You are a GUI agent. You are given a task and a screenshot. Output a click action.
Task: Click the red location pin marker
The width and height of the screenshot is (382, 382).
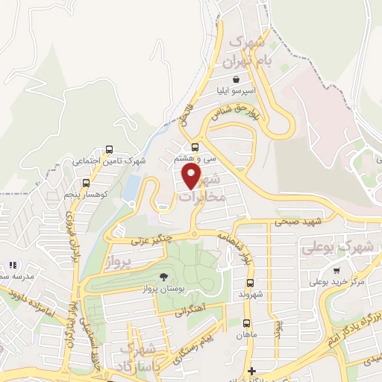click(192, 176)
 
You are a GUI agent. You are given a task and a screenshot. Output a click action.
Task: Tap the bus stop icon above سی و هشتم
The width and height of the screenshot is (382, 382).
click(195, 146)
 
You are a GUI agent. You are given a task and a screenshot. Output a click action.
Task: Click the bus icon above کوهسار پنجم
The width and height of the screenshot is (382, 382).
click(86, 183)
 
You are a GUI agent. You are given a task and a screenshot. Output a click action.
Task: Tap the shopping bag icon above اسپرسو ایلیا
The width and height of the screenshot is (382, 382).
click(236, 78)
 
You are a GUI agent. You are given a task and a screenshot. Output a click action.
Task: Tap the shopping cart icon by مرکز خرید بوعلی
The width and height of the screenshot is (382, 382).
click(337, 270)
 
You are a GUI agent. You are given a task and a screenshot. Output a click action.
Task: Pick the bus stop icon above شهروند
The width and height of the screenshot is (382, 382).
click(250, 283)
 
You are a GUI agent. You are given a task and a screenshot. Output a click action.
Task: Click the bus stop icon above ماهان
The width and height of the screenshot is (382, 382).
click(245, 323)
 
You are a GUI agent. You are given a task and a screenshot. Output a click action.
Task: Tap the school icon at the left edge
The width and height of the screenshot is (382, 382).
click(12, 265)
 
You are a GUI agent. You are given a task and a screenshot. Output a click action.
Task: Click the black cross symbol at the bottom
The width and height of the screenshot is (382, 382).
click(252, 371)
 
